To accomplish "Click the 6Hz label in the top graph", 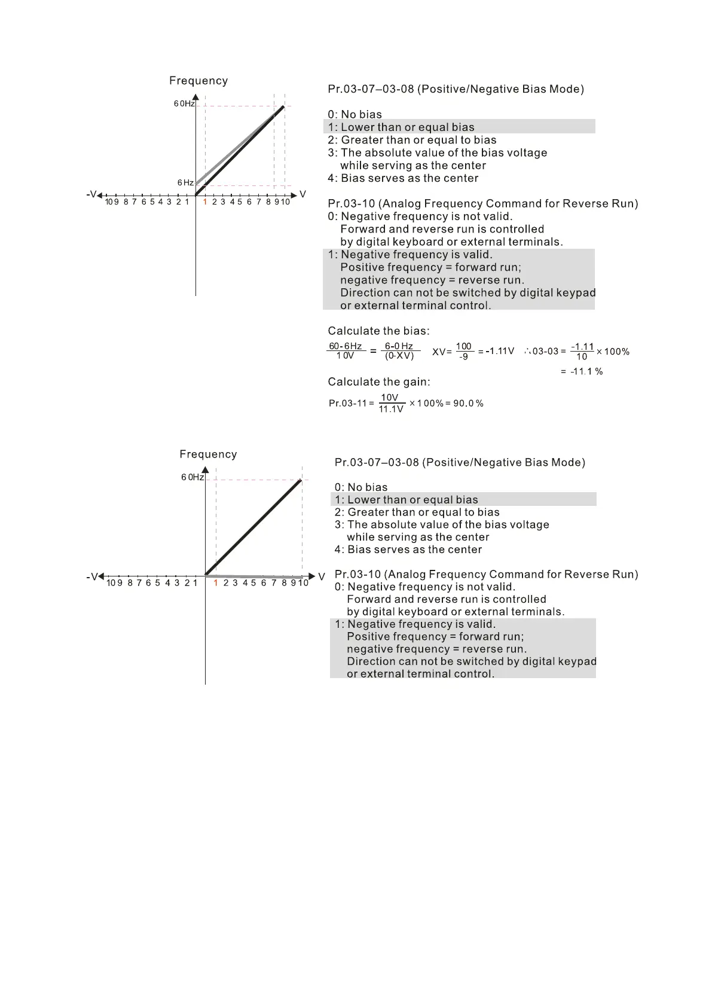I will coord(185,182).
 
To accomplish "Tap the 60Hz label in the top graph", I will coord(184,103).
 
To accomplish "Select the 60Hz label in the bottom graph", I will coord(192,477).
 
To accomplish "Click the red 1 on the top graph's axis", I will coord(205,202).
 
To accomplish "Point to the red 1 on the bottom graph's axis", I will coord(216,582).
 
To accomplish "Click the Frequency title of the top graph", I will coord(198,81).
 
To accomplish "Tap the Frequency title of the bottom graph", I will coord(208,454).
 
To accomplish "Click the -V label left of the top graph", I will coord(91,194).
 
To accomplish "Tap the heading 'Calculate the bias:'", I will coord(378,331).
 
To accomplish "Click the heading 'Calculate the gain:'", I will coord(379,382).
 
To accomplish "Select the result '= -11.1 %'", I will coord(582,371).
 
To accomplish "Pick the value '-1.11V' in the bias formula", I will coord(500,351).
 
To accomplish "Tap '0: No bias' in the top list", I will coord(355,114).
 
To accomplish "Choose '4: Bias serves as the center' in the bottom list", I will coord(408,550).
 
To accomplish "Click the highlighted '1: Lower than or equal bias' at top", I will coord(401,127).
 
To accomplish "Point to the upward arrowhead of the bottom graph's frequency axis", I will coord(205,470).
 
